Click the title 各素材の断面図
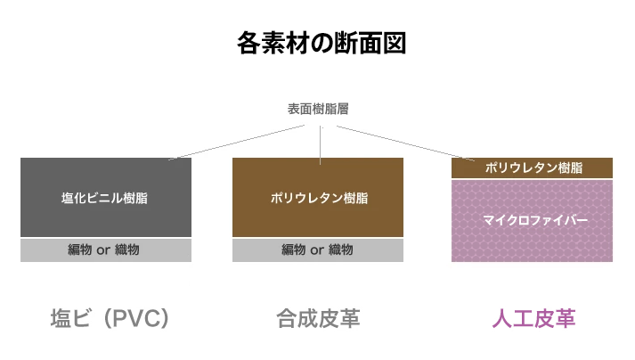(x=317, y=43)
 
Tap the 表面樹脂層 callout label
(x=318, y=110)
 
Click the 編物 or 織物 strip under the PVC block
(x=106, y=250)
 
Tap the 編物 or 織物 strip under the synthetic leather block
(x=318, y=250)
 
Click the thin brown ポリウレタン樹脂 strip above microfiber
(x=533, y=168)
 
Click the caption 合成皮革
(x=318, y=318)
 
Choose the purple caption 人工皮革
(x=533, y=318)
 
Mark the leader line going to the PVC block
(x=240, y=141)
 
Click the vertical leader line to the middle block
(x=319, y=143)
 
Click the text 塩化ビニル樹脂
(x=105, y=198)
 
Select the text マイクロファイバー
(x=533, y=220)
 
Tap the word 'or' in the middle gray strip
(x=316, y=250)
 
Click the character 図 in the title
(x=394, y=43)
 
